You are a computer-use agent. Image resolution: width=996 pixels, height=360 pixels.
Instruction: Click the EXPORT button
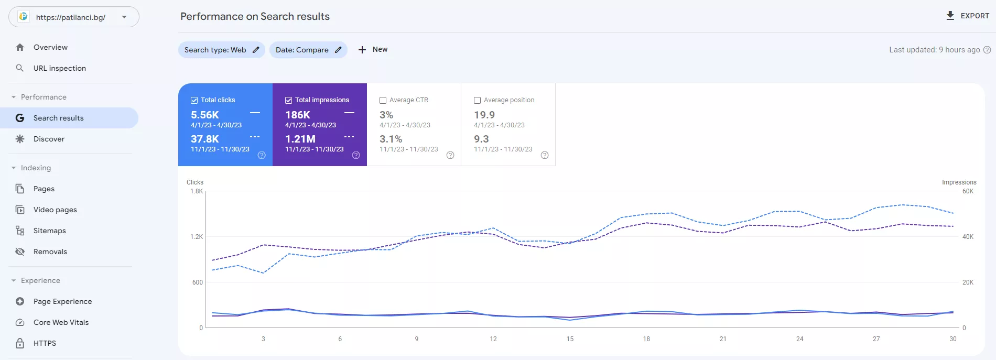click(967, 16)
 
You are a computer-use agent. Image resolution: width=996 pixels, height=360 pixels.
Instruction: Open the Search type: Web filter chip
click(221, 50)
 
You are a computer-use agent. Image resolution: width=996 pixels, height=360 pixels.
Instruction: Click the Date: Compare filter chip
click(308, 50)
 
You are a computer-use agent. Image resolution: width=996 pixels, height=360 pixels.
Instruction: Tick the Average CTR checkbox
click(383, 100)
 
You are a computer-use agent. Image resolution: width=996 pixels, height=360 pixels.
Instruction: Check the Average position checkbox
click(478, 100)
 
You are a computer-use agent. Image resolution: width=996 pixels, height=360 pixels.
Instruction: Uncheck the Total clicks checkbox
click(194, 100)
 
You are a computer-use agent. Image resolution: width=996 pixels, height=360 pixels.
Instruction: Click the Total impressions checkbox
click(289, 100)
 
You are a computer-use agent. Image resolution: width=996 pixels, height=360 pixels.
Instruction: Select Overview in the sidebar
click(50, 47)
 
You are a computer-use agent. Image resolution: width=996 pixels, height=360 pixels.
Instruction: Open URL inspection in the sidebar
click(60, 68)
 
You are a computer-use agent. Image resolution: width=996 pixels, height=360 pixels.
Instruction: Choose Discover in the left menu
click(49, 139)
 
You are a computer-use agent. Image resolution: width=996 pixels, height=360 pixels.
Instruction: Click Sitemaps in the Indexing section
click(50, 231)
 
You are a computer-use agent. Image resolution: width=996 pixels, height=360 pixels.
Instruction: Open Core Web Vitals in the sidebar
click(61, 322)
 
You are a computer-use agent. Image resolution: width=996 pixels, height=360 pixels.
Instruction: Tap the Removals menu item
click(50, 252)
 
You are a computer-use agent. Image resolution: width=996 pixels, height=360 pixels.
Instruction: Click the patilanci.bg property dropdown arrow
click(124, 17)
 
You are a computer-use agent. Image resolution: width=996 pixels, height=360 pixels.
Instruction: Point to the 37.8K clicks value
click(205, 139)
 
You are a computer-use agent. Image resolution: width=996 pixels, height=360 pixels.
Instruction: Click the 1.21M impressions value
click(300, 139)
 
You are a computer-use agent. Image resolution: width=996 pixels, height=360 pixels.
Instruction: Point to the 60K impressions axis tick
click(968, 191)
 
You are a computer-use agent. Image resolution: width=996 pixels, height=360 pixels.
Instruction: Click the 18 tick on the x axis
click(646, 339)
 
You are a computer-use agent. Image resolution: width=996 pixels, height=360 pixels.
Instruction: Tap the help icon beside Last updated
click(987, 50)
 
